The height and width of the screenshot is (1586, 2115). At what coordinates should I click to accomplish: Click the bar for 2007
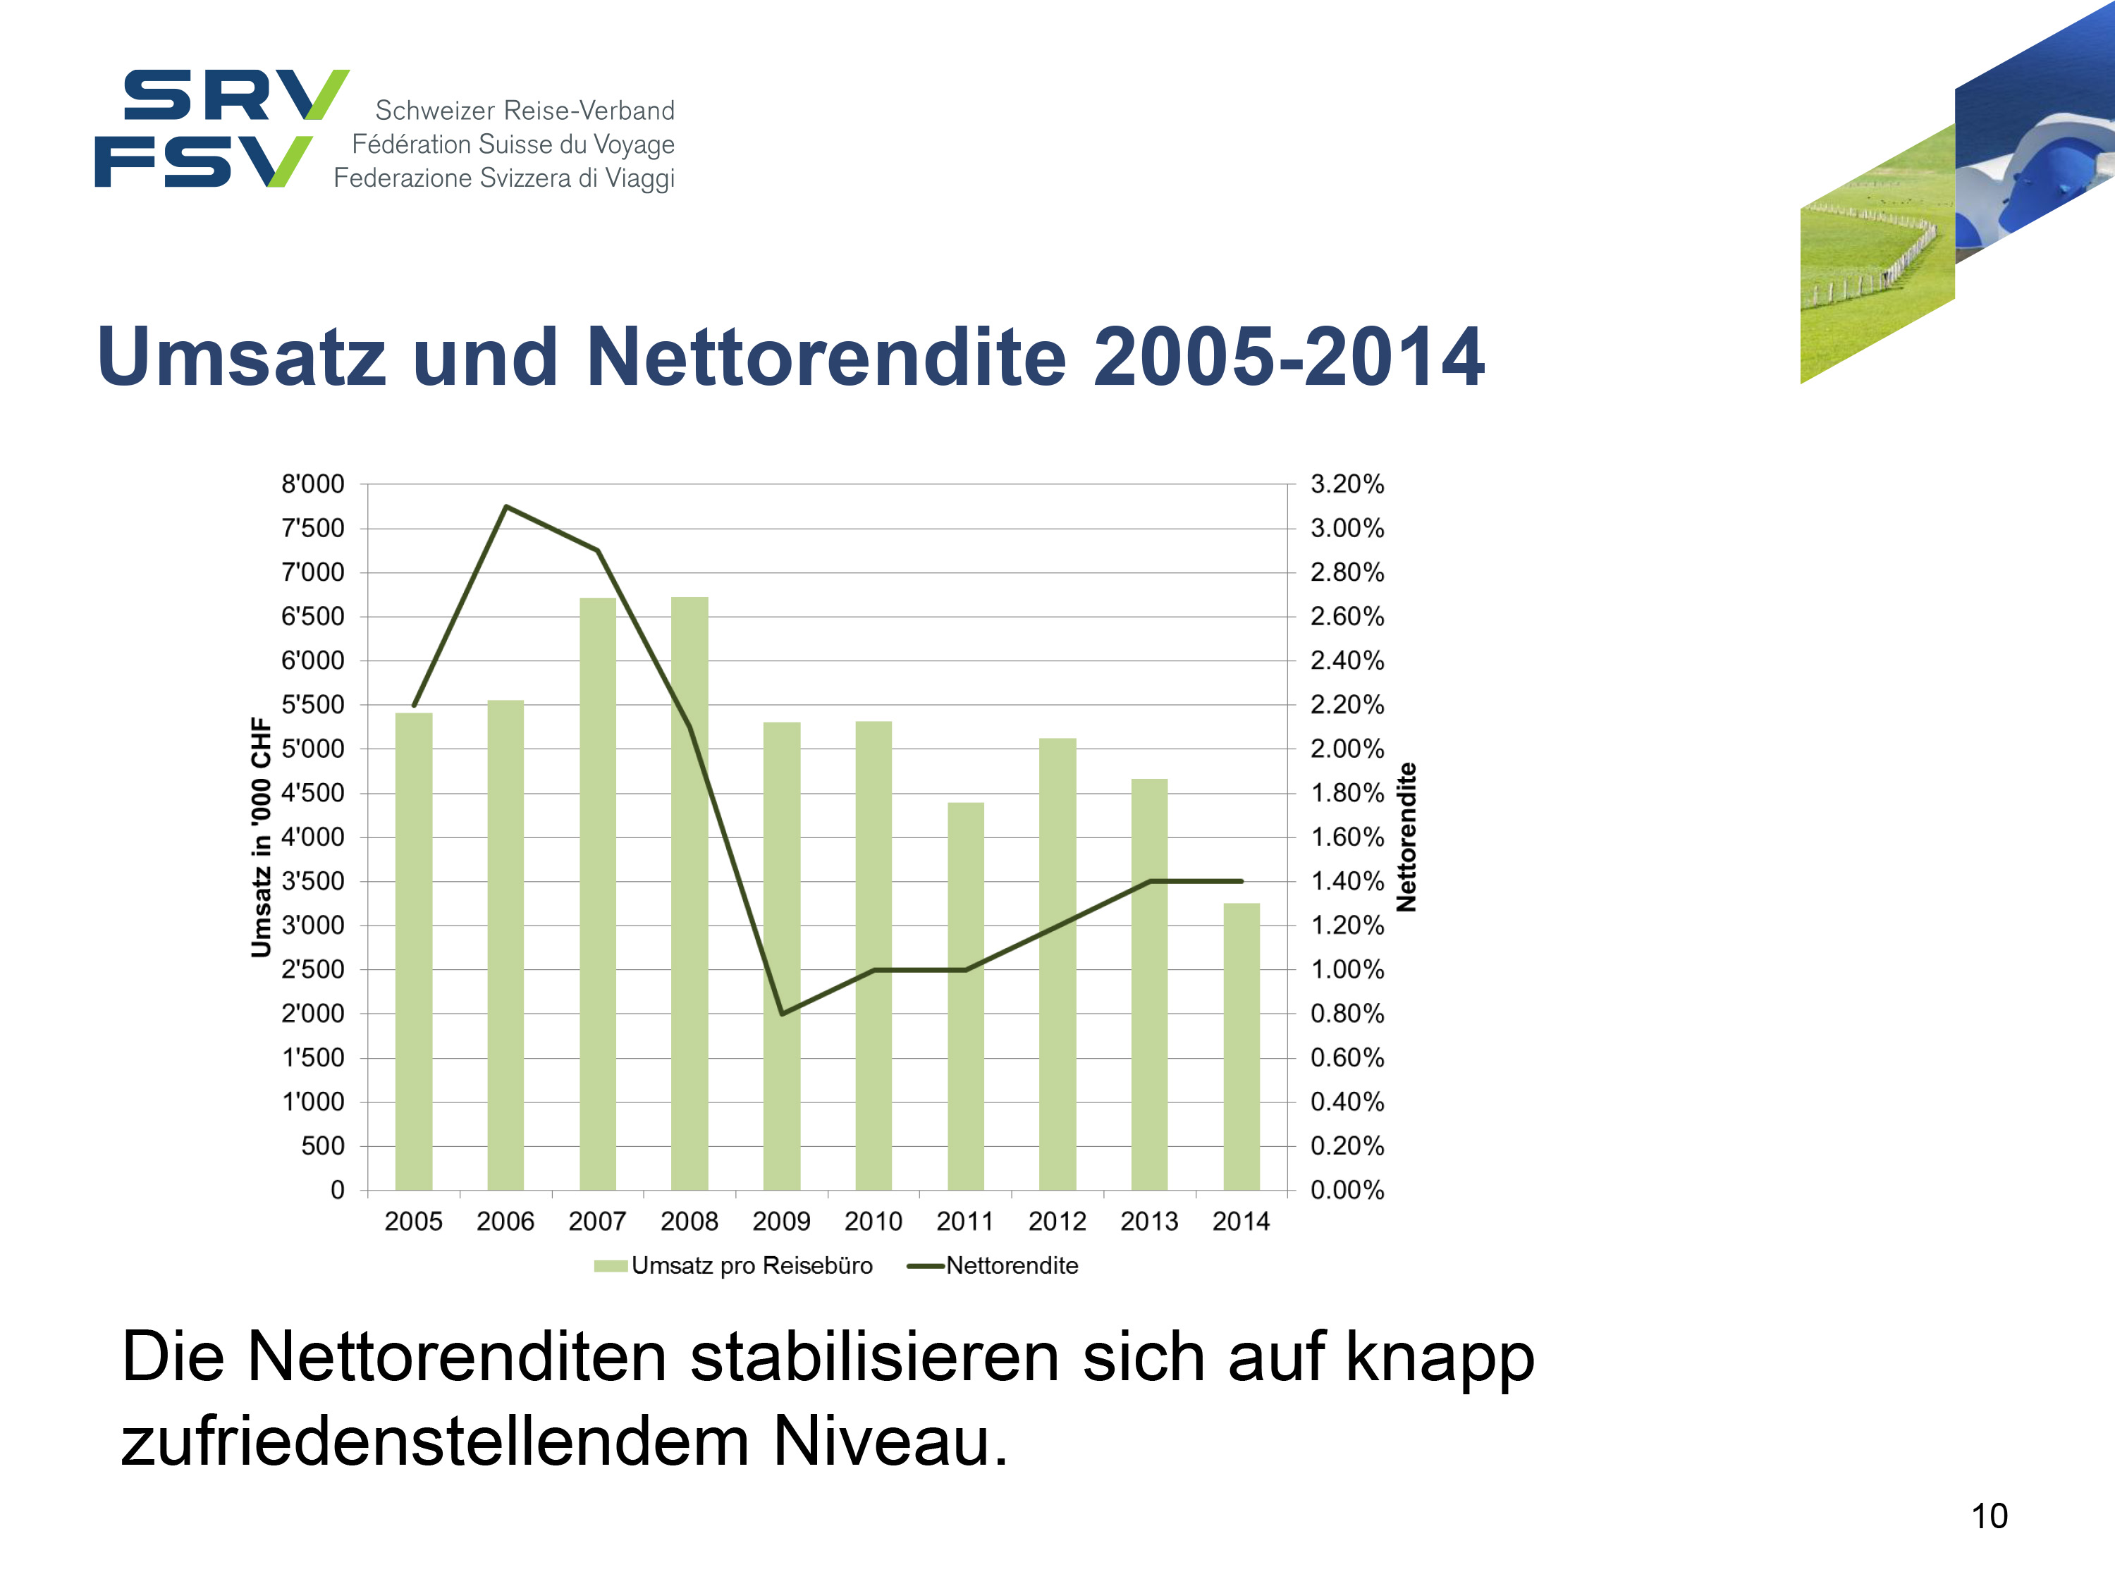click(x=598, y=894)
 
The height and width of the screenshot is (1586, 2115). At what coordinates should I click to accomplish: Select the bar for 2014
click(x=1241, y=1047)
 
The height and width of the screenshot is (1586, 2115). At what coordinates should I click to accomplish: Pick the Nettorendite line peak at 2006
click(x=505, y=507)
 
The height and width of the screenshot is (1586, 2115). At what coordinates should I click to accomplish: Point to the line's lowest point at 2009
click(x=782, y=1014)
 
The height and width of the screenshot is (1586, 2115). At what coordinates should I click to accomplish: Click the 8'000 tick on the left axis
click(x=312, y=485)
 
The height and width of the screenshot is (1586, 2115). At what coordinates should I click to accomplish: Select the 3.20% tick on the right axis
click(x=1347, y=485)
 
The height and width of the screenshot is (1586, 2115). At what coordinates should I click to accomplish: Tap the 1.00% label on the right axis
click(x=1347, y=969)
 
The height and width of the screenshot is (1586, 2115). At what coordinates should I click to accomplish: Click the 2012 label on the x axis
click(x=1057, y=1221)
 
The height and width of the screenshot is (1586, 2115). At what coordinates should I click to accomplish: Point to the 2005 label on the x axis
click(x=413, y=1221)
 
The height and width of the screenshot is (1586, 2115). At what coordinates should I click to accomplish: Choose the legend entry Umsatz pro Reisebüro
click(x=751, y=1266)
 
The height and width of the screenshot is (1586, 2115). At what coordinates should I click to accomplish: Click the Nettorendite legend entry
click(x=1011, y=1266)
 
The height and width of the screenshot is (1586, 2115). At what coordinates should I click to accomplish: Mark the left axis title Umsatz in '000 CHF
click(x=260, y=837)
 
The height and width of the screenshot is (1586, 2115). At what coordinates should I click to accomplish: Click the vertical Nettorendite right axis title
click(x=1406, y=837)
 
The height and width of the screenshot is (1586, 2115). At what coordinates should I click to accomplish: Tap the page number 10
click(x=1989, y=1516)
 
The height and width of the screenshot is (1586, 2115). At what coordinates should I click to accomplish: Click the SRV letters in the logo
click(x=234, y=96)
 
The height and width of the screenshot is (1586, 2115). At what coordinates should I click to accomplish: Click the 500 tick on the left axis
click(x=322, y=1146)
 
